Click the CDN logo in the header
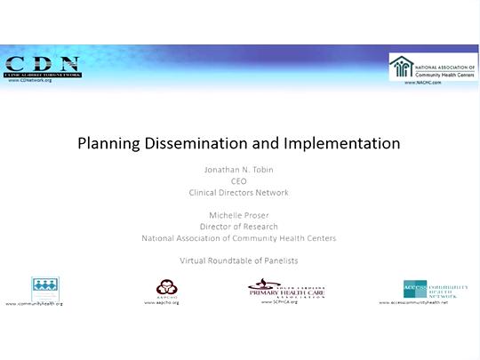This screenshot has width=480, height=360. (x=42, y=65)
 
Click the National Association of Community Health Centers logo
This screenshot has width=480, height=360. (x=433, y=67)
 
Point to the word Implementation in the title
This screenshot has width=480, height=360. (x=341, y=142)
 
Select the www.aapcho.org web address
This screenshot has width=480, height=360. (x=163, y=303)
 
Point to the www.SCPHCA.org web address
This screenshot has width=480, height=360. (x=279, y=302)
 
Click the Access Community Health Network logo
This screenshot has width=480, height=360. (x=433, y=288)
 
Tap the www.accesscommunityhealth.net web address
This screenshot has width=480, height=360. (x=420, y=303)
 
